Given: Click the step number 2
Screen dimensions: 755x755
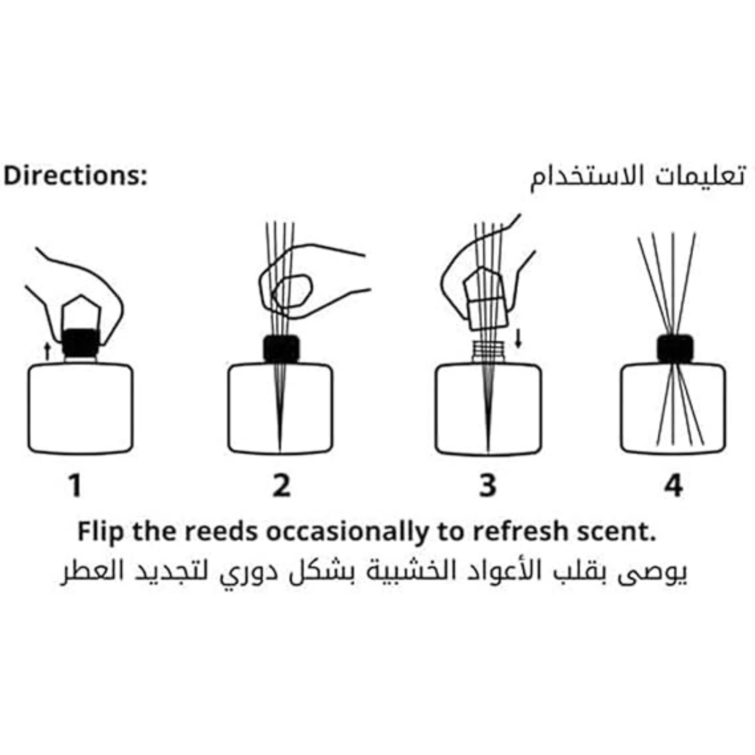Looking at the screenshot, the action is tap(281, 486).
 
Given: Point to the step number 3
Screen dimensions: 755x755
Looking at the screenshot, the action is tap(487, 486).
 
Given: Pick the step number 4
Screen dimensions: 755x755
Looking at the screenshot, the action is tap(674, 486).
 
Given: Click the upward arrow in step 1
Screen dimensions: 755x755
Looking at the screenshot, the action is tap(47, 352).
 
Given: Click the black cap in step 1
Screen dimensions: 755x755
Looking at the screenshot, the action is tap(80, 343).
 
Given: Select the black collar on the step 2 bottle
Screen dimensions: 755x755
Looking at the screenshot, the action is tap(281, 349).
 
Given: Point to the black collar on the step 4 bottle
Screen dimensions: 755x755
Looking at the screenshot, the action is tap(675, 349).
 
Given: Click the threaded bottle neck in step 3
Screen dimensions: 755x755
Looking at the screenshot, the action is tap(488, 353).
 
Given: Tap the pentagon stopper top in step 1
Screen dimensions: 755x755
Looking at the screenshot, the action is tap(81, 312).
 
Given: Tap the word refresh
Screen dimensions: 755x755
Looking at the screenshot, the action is tap(520, 532).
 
